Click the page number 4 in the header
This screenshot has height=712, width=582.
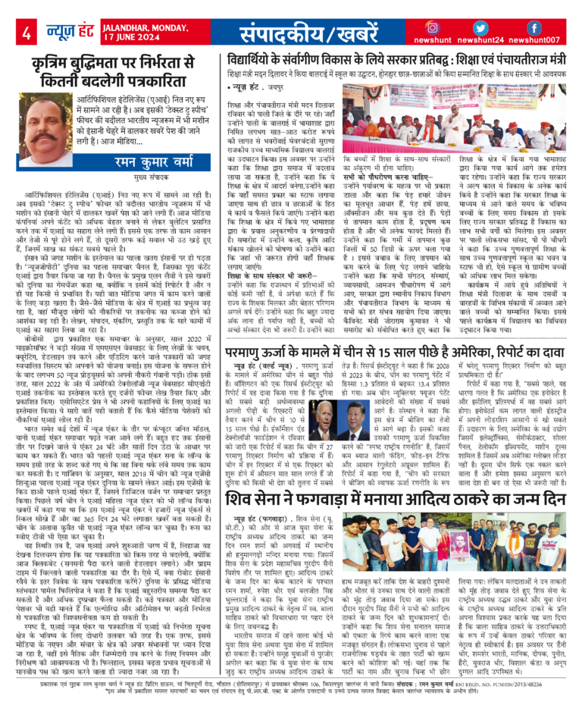(x=26, y=33)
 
